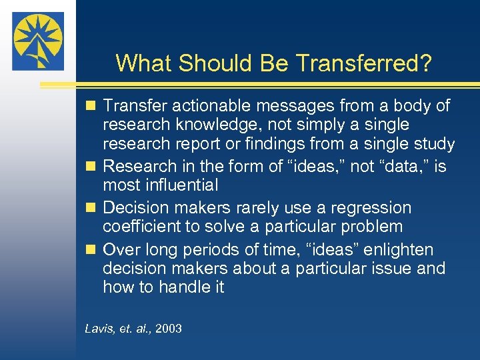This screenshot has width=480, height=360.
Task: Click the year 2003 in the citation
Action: point(167,329)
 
